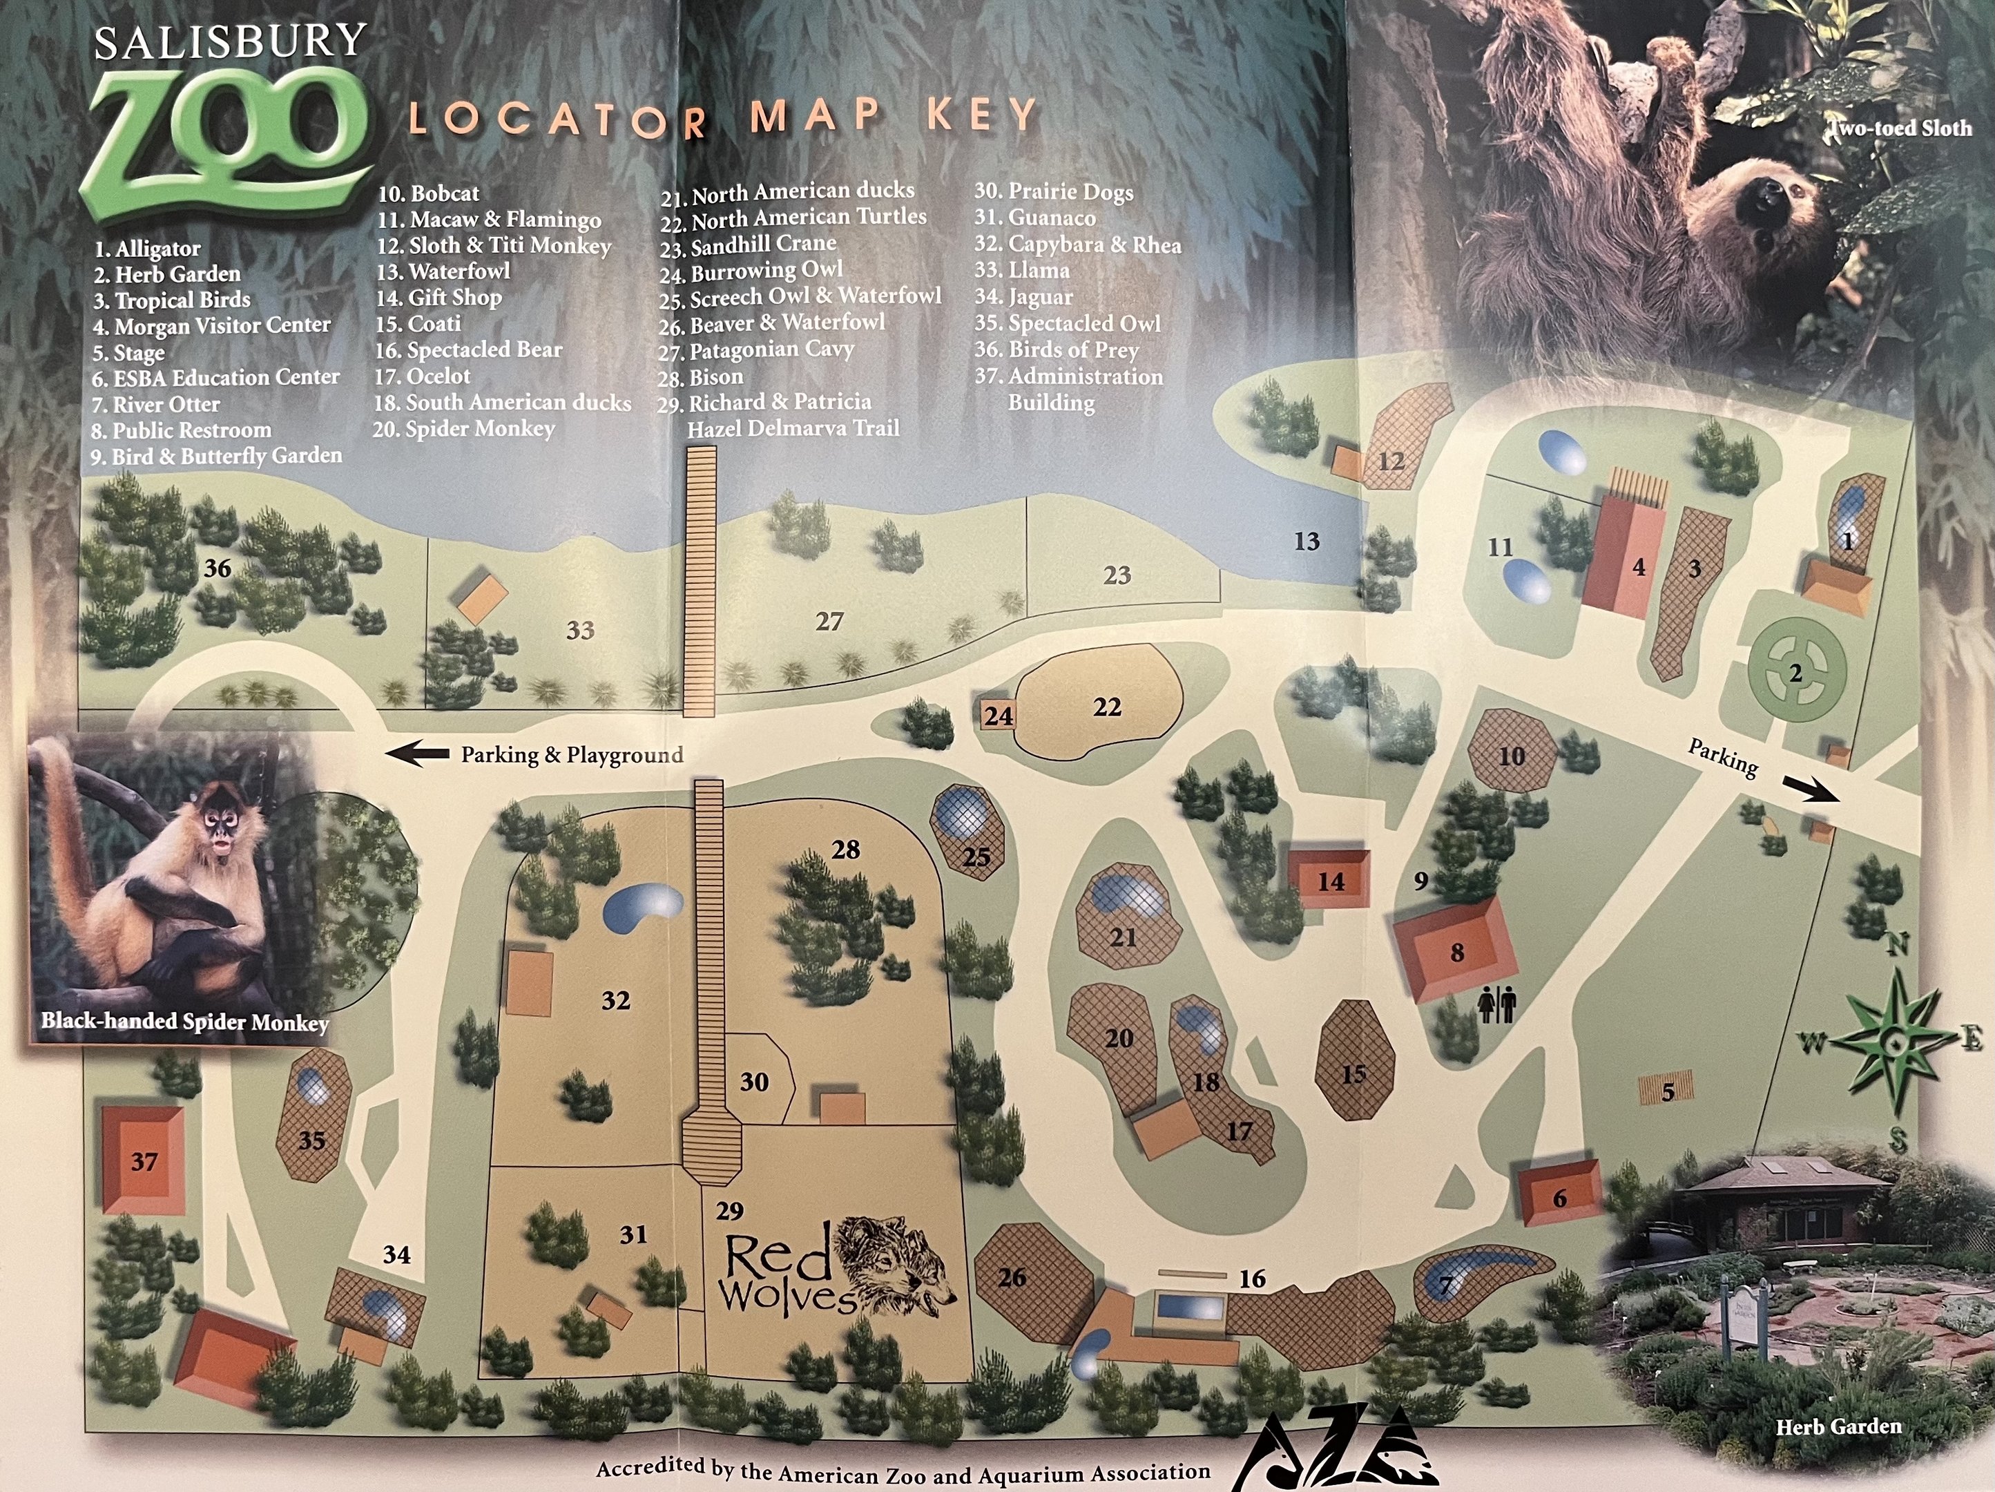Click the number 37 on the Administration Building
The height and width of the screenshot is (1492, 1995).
144,1161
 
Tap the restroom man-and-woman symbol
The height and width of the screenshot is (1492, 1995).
1498,1004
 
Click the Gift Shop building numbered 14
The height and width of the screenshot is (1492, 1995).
1331,881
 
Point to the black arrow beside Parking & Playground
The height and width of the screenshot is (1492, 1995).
418,753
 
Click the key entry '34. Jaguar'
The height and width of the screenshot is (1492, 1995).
1023,297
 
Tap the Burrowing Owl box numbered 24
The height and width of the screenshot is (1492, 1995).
997,716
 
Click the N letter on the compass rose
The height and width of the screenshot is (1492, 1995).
1898,944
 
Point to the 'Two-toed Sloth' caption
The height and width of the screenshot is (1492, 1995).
1900,128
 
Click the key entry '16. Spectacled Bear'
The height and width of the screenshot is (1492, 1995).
469,349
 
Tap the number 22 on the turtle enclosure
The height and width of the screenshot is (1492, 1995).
1107,707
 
